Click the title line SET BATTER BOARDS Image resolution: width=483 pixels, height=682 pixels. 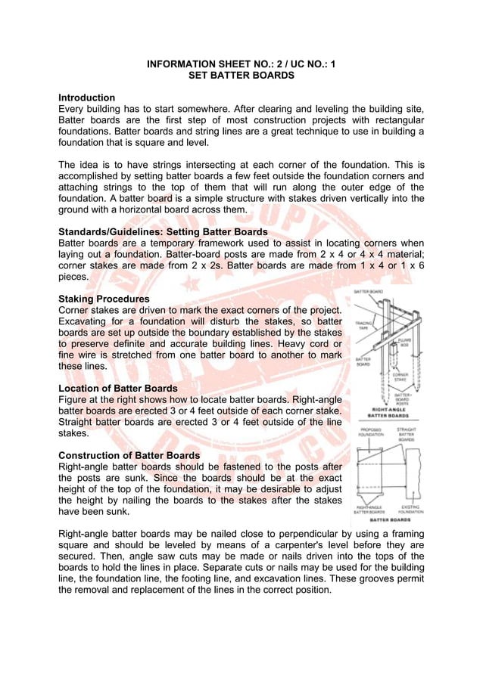241,76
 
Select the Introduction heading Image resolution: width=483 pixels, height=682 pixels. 87,98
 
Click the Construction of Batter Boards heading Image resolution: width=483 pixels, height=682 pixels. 129,455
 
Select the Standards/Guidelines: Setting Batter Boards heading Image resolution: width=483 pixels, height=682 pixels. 163,231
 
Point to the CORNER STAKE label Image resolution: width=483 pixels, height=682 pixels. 401,377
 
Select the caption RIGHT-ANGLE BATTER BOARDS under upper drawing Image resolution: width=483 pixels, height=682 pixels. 388,413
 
